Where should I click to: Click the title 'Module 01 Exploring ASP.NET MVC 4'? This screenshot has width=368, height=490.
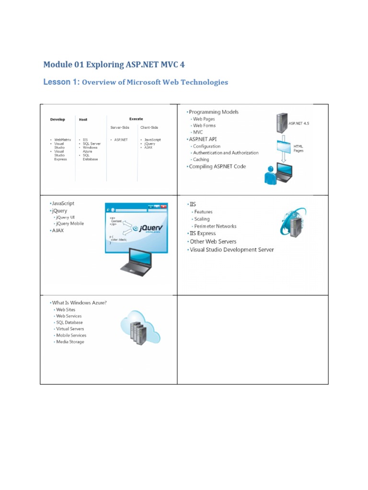point(114,65)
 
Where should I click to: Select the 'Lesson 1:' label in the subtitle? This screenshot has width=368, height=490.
point(61,82)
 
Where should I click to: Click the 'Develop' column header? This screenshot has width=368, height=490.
point(57,119)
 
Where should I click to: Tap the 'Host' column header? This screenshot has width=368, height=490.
point(83,119)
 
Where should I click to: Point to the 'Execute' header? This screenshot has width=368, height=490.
point(136,119)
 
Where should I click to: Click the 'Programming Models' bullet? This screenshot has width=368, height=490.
point(214,112)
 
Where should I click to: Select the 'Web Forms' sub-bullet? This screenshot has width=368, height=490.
point(204,125)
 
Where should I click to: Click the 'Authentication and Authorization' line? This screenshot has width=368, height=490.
point(226,153)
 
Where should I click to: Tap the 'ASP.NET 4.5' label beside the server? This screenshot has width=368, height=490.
point(299,123)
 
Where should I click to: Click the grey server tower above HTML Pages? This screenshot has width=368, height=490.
point(281,123)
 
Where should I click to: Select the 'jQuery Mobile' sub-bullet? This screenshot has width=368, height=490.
point(70,223)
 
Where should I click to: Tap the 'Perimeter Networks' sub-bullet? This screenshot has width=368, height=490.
point(215,226)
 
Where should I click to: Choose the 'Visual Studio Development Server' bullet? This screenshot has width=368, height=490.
point(232,249)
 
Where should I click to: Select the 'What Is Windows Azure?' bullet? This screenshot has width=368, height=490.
point(79,303)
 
